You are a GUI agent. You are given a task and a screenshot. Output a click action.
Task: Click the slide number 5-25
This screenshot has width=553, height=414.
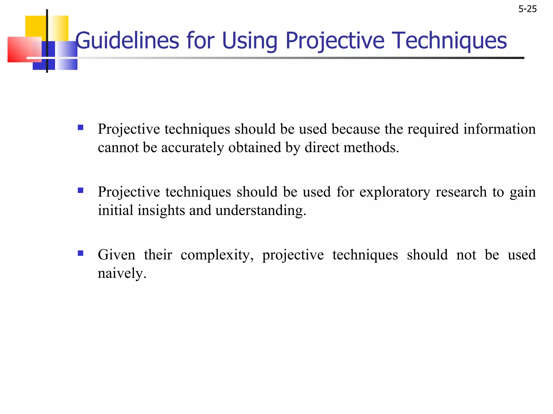[x=527, y=9]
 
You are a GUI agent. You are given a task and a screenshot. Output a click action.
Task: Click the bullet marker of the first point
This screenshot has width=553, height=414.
[x=80, y=127]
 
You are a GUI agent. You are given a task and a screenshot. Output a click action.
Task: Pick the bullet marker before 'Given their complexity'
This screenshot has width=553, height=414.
[x=80, y=253]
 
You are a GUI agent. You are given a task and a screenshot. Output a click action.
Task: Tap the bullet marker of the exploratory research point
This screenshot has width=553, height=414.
[x=80, y=190]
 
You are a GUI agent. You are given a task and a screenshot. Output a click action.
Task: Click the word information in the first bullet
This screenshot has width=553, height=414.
[x=500, y=129]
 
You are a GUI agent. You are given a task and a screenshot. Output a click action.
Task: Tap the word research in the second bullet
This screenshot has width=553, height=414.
[x=462, y=192]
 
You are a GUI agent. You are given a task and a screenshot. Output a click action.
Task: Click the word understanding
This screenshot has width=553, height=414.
[x=261, y=211]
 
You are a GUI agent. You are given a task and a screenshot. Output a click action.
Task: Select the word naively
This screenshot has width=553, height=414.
[x=122, y=274]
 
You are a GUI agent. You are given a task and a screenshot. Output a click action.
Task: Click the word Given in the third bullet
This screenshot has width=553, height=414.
[x=116, y=255]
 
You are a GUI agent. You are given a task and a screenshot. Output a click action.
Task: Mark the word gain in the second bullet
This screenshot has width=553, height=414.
[x=523, y=192]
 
